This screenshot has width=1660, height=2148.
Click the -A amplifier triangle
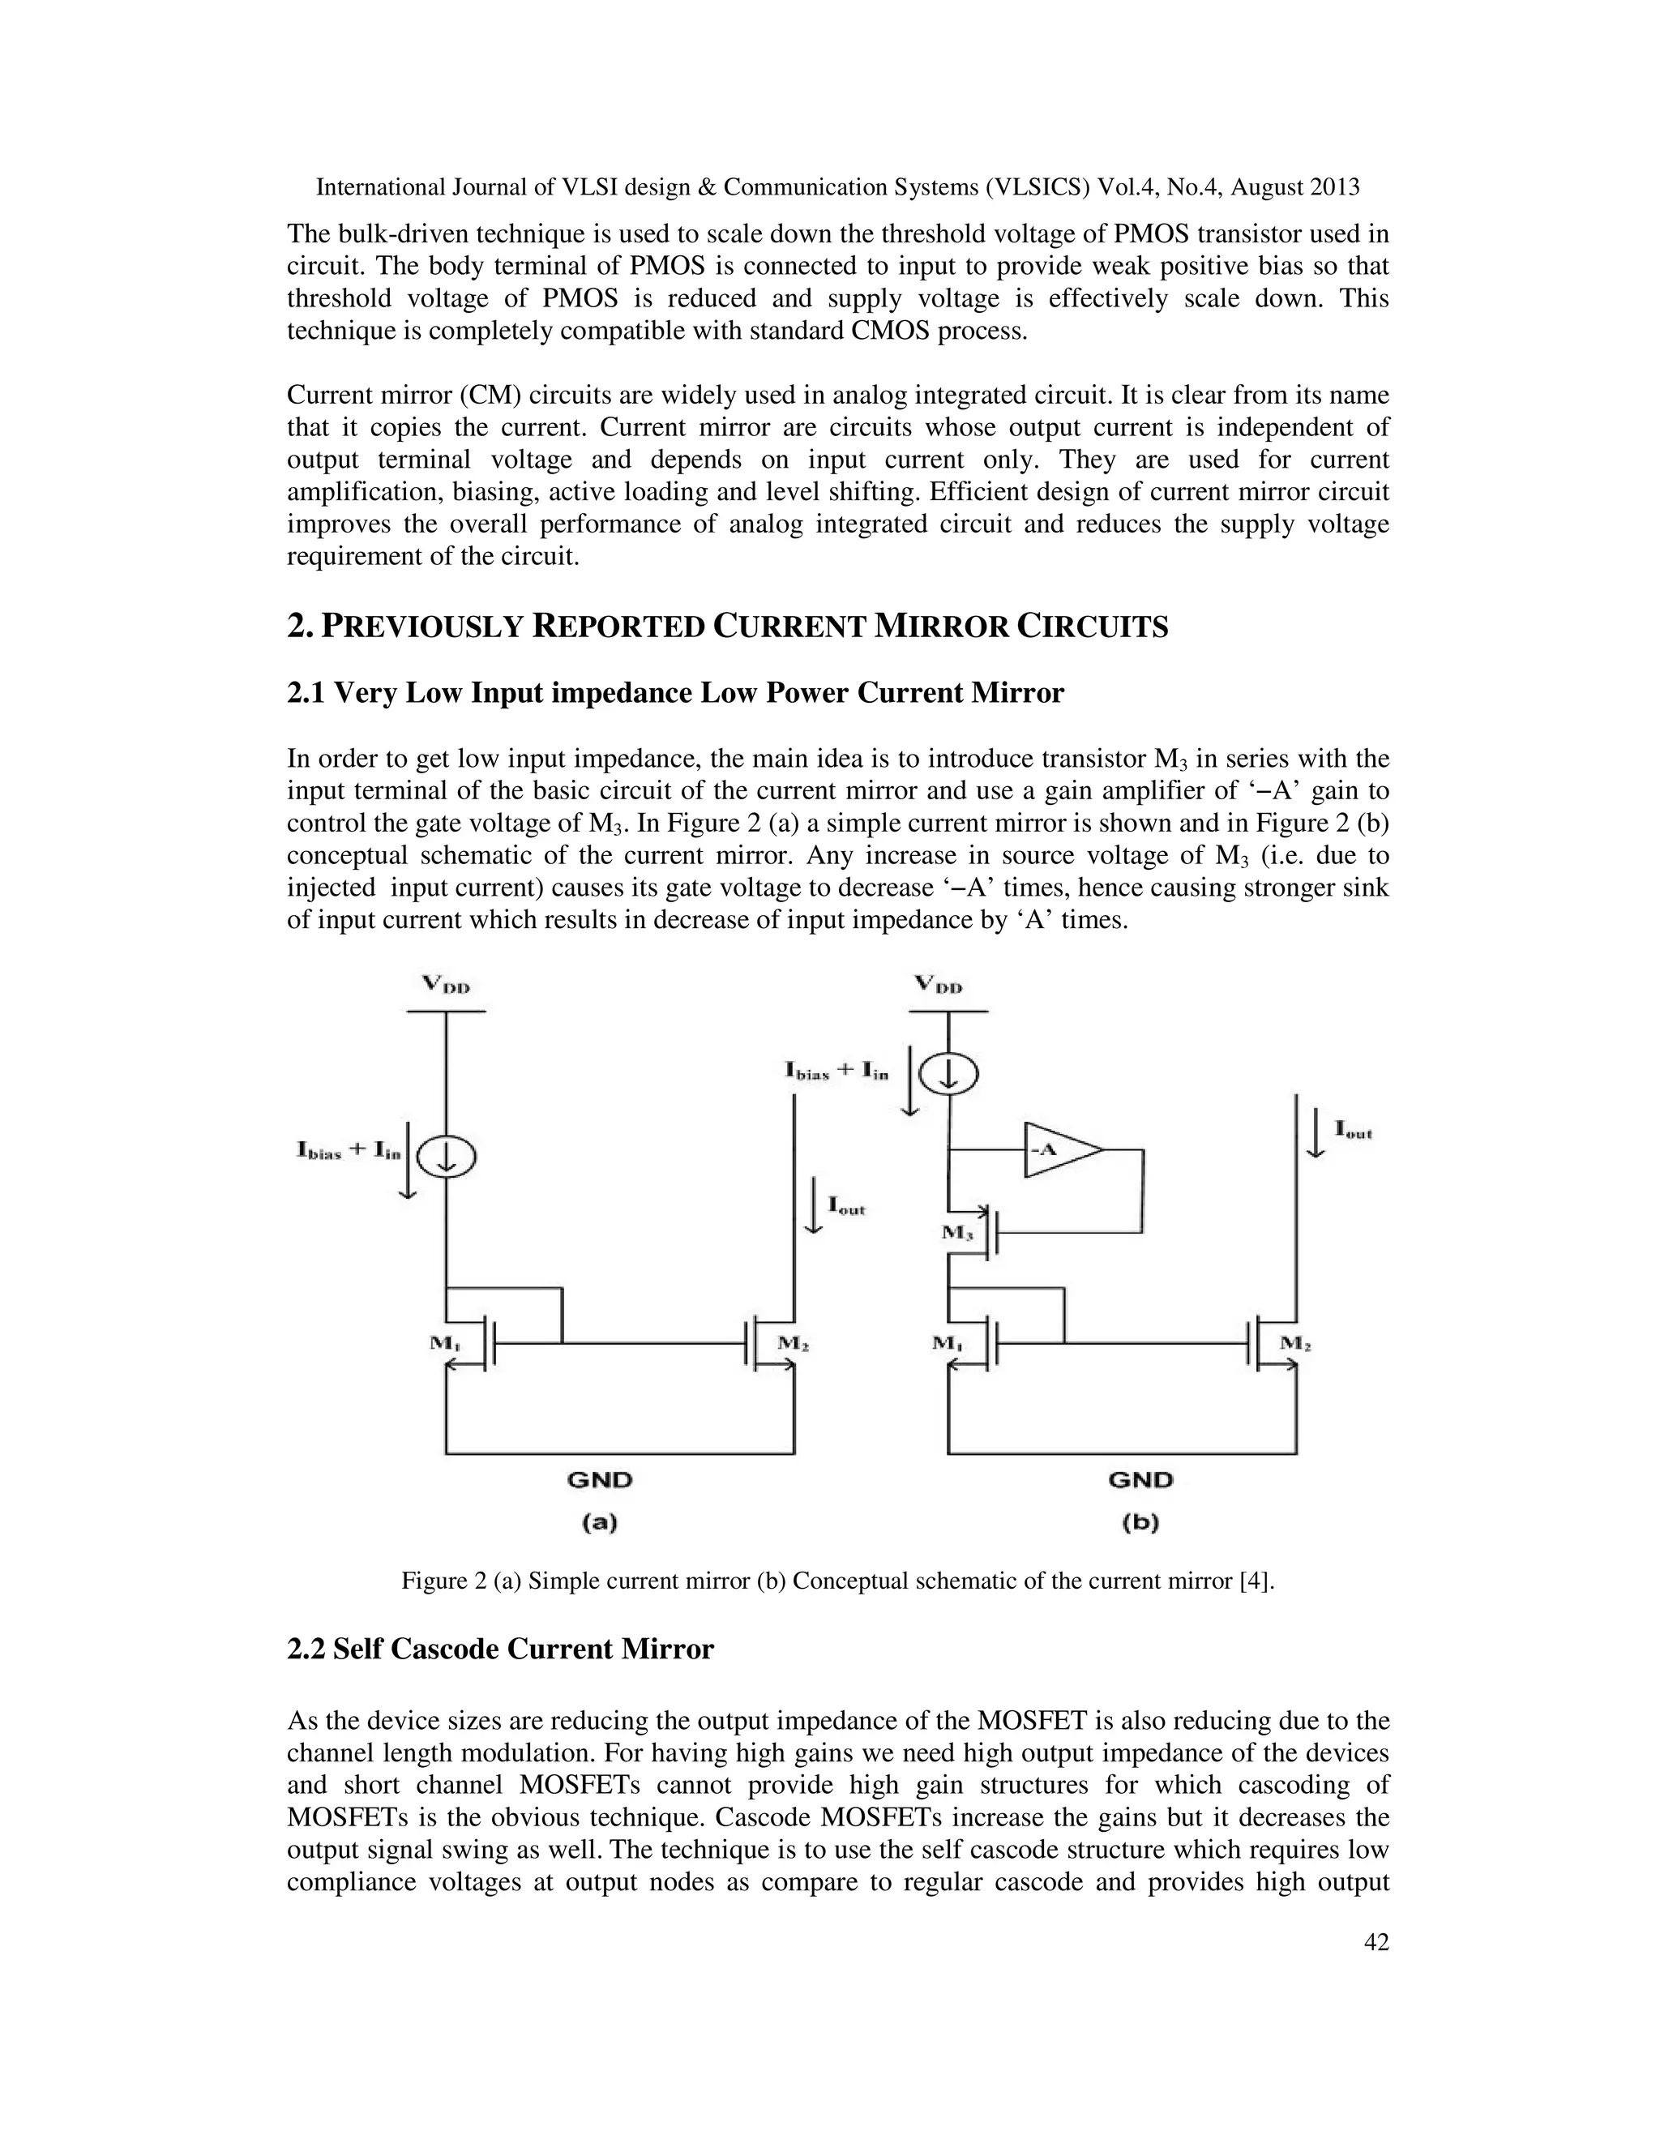(x=1058, y=1149)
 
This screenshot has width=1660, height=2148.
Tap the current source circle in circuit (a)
(x=447, y=1157)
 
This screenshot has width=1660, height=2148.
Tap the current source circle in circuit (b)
(x=949, y=1073)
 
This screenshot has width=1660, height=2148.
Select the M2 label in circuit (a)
(x=793, y=1342)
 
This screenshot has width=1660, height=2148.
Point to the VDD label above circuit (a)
(x=446, y=983)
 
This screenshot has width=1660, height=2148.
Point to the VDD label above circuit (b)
(x=938, y=983)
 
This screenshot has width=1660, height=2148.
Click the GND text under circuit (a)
(x=599, y=1479)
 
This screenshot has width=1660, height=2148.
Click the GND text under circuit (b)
(x=1140, y=1479)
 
